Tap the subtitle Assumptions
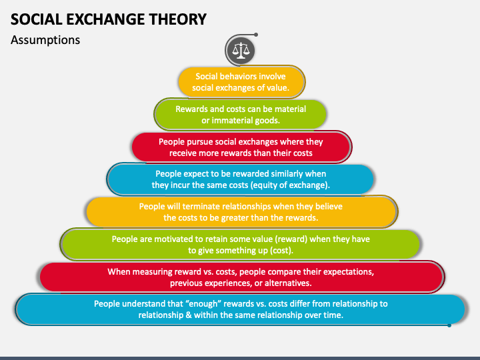click(45, 40)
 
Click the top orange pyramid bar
click(241, 82)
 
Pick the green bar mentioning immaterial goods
click(241, 115)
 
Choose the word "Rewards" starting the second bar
click(192, 109)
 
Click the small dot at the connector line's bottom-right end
click(449, 325)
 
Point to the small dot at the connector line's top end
click(256, 34)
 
